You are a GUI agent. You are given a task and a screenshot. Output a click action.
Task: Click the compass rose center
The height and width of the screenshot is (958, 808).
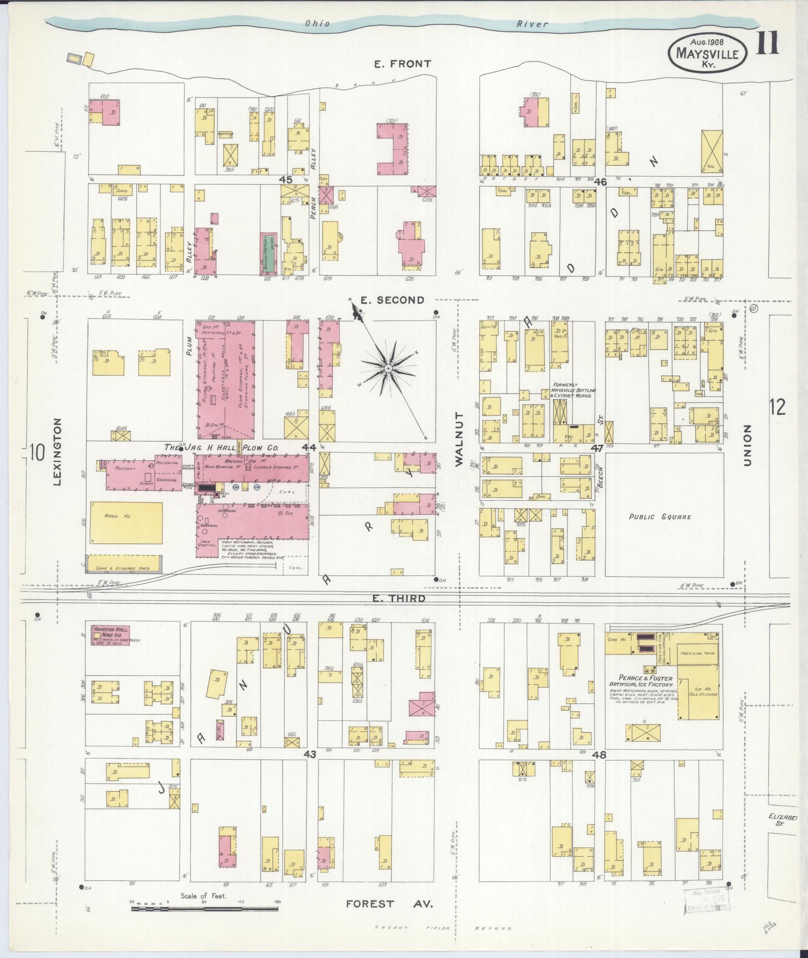[387, 368]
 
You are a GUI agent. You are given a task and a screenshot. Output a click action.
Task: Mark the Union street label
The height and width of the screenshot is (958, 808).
[747, 446]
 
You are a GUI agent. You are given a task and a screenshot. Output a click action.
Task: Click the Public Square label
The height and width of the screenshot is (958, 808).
[660, 517]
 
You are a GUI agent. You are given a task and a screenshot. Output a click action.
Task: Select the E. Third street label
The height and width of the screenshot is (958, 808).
[399, 598]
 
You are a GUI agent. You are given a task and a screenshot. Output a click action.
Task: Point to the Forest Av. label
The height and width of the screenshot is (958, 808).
[389, 904]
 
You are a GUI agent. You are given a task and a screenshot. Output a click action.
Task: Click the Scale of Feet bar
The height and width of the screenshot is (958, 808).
[205, 907]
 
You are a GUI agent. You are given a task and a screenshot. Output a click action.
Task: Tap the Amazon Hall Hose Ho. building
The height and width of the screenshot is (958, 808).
[110, 634]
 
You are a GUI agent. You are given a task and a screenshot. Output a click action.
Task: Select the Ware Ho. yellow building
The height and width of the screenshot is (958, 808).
[126, 523]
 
